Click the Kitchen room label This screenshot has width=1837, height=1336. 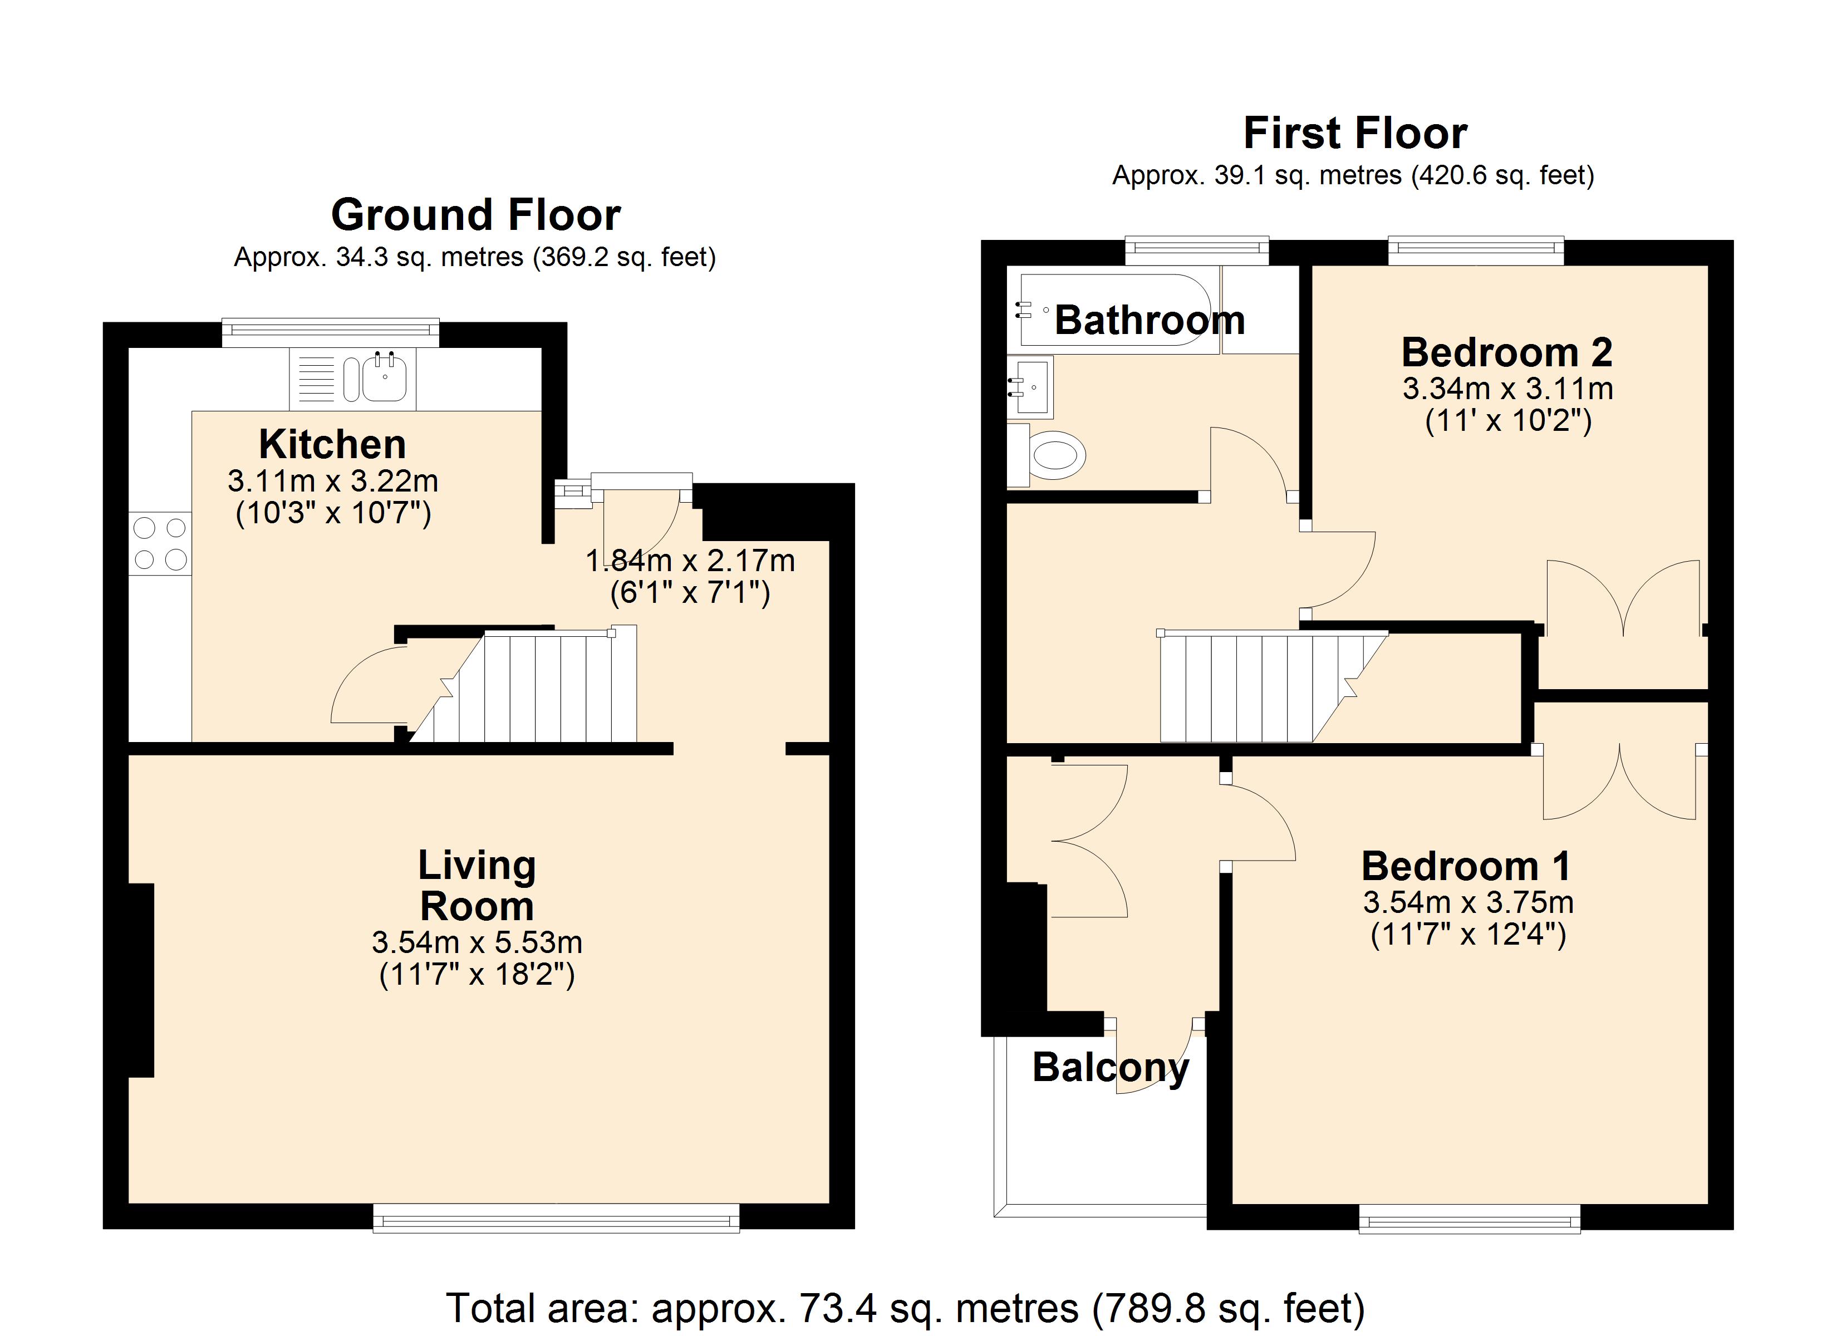[332, 444]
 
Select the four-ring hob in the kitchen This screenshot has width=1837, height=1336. [160, 544]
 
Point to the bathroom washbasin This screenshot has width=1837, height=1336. [1030, 387]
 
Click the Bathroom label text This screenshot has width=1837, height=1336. [1150, 320]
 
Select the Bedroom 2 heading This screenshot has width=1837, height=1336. [1506, 352]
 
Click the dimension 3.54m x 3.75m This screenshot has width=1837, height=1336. [1468, 902]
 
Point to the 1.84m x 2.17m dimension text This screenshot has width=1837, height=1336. [690, 561]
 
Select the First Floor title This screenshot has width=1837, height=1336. [1354, 134]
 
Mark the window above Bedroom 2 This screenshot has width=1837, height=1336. [1476, 250]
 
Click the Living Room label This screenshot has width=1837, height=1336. [477, 886]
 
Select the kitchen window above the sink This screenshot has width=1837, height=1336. [331, 332]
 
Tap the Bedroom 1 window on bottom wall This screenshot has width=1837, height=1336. [1469, 1218]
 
